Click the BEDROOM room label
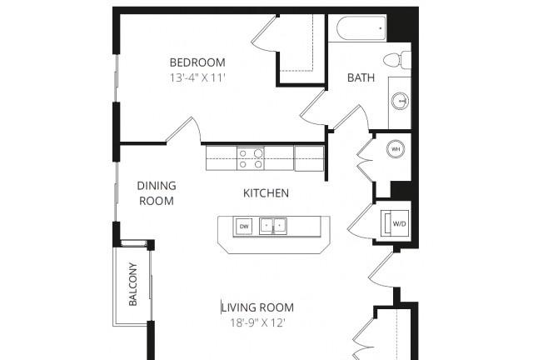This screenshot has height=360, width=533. pyautogui.click(x=197, y=62)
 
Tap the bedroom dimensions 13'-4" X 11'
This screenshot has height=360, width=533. pyautogui.click(x=198, y=78)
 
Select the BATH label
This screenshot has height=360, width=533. pyautogui.click(x=361, y=77)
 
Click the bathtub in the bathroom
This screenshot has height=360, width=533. pyautogui.click(x=361, y=28)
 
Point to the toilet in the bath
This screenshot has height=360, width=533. pyautogui.click(x=397, y=60)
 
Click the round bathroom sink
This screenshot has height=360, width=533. pyautogui.click(x=400, y=101)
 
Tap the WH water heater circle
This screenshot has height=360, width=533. pyautogui.click(x=396, y=149)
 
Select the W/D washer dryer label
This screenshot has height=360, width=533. pyautogui.click(x=399, y=223)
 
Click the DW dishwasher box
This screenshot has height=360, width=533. pyautogui.click(x=244, y=227)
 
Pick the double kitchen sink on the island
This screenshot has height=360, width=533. pyautogui.click(x=273, y=226)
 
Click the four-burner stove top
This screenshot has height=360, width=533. pyautogui.click(x=251, y=158)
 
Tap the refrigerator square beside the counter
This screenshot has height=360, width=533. pyautogui.click(x=309, y=158)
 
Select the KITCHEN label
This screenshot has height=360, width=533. pyautogui.click(x=266, y=193)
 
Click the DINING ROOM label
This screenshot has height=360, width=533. pyautogui.click(x=157, y=193)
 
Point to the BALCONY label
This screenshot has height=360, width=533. pyautogui.click(x=133, y=284)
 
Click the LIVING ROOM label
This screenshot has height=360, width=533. pyautogui.click(x=257, y=307)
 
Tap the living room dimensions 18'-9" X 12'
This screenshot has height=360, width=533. pyautogui.click(x=257, y=322)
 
